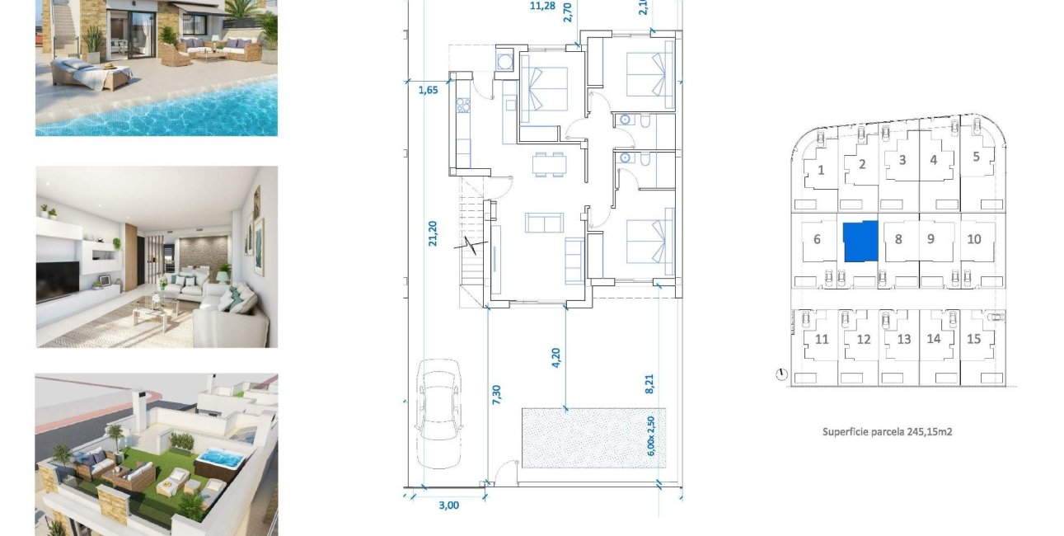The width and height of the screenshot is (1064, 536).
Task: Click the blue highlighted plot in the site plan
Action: click(x=860, y=241)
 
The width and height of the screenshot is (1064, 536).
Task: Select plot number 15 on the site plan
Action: click(x=974, y=339)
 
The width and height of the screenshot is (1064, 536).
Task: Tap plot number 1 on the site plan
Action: click(x=821, y=171)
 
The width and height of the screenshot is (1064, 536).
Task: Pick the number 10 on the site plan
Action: click(x=974, y=239)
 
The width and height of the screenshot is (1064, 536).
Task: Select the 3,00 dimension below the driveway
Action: click(x=448, y=505)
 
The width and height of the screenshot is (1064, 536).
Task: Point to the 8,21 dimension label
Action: click(x=648, y=385)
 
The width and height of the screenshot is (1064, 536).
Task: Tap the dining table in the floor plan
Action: click(x=549, y=164)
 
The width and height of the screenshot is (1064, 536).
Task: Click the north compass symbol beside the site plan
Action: click(x=780, y=375)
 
